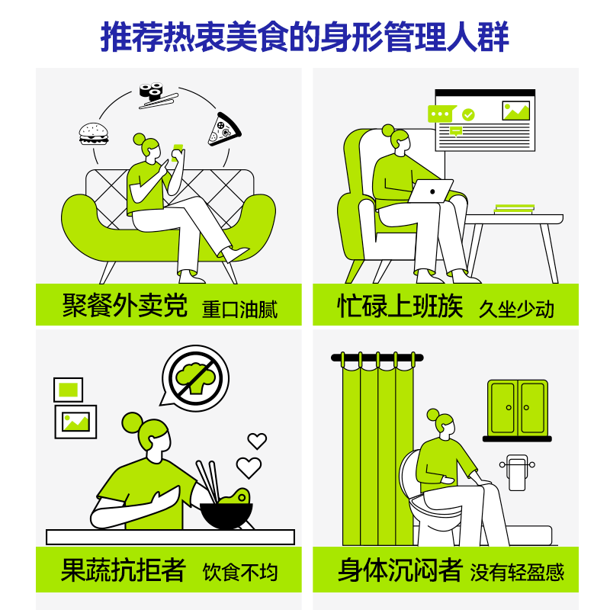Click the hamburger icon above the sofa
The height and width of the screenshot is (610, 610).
coord(94,134)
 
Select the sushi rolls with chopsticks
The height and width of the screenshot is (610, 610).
coord(156,94)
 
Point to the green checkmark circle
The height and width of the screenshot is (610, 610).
coord(468,114)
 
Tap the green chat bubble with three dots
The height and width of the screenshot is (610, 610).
coord(441,114)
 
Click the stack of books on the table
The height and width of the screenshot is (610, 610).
coord(514,208)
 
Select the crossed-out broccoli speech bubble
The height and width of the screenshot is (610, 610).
coord(194,379)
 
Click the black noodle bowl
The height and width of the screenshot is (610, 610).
coord(226,513)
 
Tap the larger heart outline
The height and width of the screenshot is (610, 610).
coord(249,467)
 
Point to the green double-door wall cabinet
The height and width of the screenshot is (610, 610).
coord(518,408)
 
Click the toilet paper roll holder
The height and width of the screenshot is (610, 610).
coord(518,471)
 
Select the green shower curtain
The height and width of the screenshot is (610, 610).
coord(378,450)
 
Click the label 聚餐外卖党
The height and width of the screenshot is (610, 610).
coord(124,306)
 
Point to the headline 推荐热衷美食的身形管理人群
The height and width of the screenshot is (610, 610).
coord(305,37)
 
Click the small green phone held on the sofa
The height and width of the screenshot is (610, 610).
coord(178,147)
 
